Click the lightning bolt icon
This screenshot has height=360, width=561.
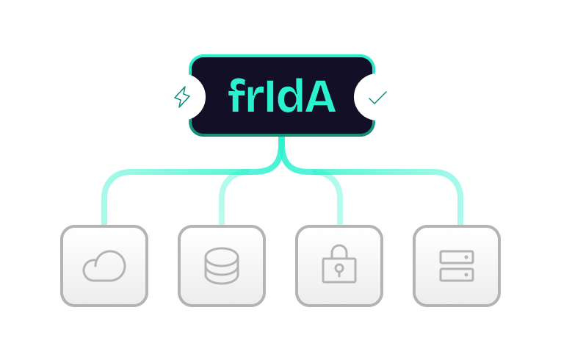181,96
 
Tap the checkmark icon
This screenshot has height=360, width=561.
377,96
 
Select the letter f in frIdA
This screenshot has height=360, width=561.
239,97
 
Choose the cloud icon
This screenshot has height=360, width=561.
104,266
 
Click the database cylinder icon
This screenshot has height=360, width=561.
222,266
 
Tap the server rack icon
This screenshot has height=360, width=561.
457,266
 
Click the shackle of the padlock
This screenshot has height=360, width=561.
339,251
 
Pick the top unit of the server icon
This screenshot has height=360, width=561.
457,257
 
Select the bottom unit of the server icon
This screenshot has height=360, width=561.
457,275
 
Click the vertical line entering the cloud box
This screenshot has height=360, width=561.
104,209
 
